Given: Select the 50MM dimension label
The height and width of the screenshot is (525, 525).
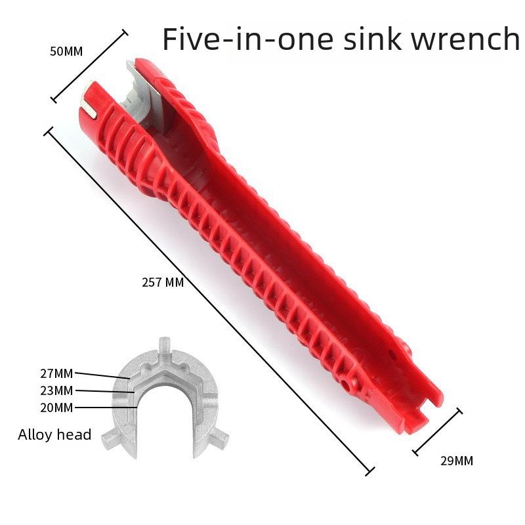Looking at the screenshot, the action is click(66, 51).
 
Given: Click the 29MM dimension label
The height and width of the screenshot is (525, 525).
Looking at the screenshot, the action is click(455, 461).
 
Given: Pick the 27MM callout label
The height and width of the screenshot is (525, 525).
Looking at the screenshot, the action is click(57, 374).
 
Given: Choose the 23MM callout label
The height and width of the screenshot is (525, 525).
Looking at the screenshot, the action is click(57, 390).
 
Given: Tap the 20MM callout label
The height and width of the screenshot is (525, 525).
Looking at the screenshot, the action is click(57, 408).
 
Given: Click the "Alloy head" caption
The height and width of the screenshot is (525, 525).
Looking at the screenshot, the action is click(54, 434).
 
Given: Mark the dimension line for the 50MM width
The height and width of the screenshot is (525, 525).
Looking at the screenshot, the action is click(89, 66).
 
